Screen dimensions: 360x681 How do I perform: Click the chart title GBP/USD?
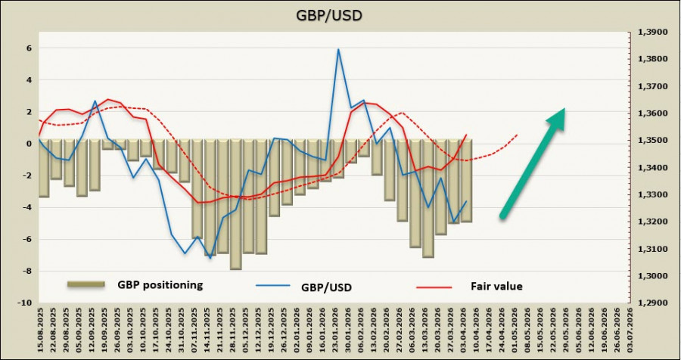pyautogui.click(x=340, y=14)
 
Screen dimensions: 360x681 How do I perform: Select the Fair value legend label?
pyautogui.click(x=496, y=286)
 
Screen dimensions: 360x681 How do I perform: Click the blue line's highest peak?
pyautogui.click(x=338, y=49)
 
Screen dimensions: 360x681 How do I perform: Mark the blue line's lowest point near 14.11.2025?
pyautogui.click(x=210, y=258)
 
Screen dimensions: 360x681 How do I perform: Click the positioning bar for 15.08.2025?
pyautogui.click(x=44, y=168)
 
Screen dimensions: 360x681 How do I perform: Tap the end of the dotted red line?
pyautogui.click(x=518, y=135)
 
